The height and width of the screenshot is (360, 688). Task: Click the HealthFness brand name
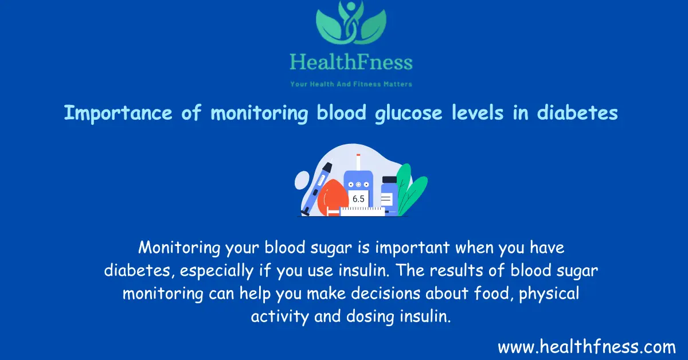point(351,61)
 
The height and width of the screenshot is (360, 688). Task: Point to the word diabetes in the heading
point(577,114)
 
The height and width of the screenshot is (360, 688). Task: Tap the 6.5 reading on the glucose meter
point(358,199)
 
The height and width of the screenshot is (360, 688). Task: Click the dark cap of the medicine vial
point(389,180)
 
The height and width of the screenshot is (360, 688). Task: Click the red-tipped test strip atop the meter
point(358,162)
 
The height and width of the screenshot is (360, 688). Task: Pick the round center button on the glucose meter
point(358,185)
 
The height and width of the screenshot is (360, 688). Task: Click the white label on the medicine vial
point(387,199)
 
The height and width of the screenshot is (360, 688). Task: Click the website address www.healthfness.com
point(587,347)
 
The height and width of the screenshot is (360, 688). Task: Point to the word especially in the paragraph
point(224,272)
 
